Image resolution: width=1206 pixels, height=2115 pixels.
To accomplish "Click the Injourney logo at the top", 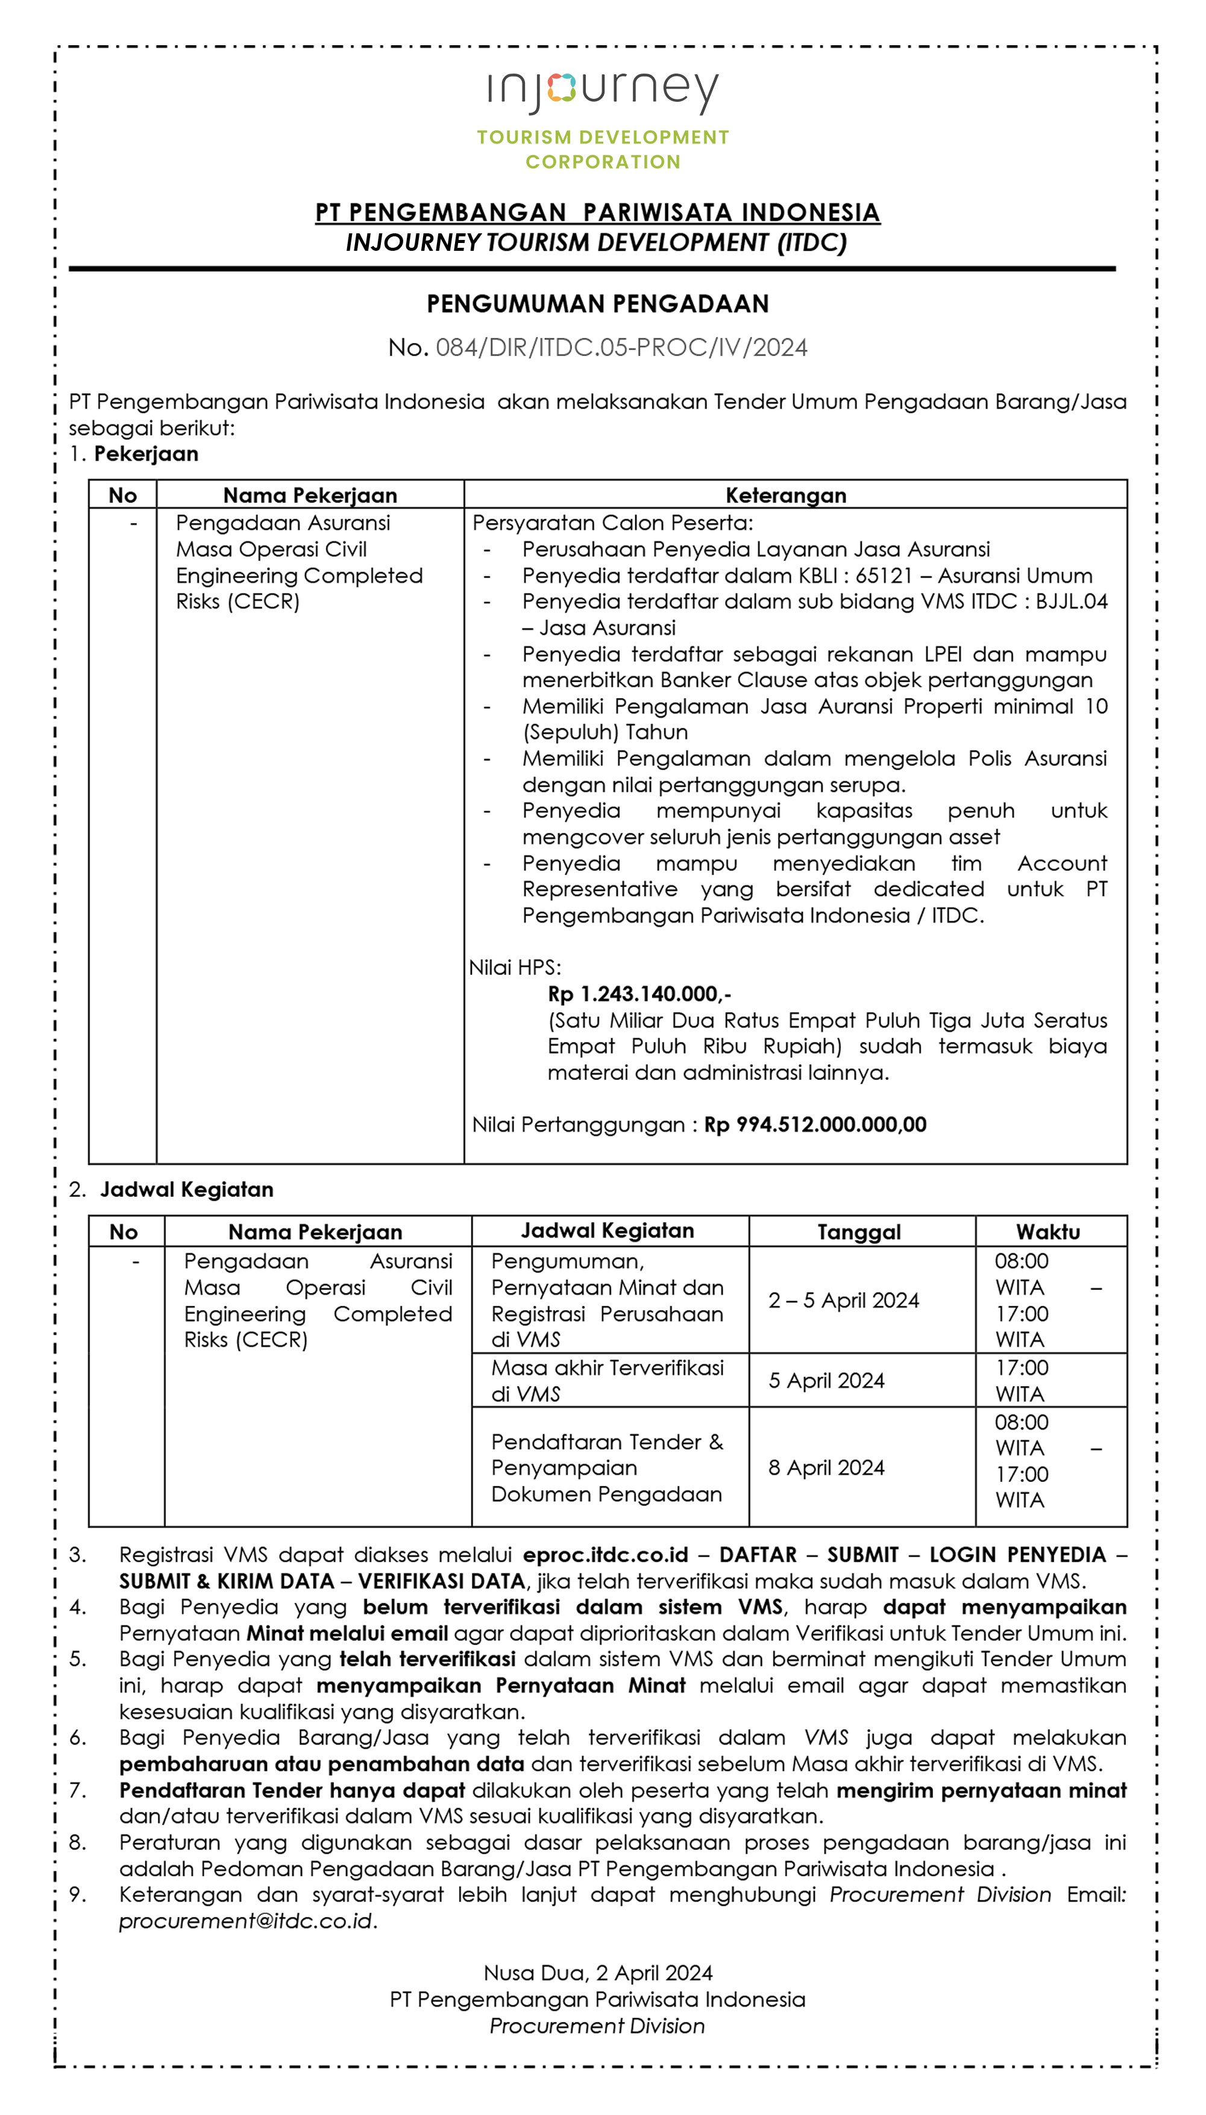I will [x=602, y=89].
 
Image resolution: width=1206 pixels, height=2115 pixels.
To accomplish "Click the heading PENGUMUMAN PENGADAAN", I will [x=597, y=304].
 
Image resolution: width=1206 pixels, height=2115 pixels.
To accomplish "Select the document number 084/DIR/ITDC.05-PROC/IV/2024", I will [x=621, y=347].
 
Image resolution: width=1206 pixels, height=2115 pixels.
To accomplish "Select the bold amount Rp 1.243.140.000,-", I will [x=639, y=994].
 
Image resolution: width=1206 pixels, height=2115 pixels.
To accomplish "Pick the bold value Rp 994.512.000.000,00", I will [x=815, y=1124].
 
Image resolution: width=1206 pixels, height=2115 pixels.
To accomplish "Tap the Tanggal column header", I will [x=859, y=1232].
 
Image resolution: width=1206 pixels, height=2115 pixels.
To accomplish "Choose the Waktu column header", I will [x=1048, y=1232].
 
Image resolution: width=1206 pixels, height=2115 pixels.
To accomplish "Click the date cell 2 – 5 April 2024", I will [x=843, y=1300].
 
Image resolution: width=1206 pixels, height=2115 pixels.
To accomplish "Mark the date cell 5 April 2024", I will [x=826, y=1380].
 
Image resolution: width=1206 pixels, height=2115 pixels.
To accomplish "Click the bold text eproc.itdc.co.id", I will [x=606, y=1555].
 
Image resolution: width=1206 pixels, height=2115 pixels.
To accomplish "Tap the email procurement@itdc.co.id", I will [x=245, y=1920].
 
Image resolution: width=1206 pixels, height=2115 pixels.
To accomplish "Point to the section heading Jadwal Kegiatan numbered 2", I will [x=186, y=1190].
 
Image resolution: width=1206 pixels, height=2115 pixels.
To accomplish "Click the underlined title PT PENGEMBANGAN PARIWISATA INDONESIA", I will [x=597, y=212].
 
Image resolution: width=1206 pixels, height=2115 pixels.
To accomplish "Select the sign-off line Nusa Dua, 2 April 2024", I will [x=597, y=1973].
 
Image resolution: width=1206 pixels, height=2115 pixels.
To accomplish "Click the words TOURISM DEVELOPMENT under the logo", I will [x=602, y=137].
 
